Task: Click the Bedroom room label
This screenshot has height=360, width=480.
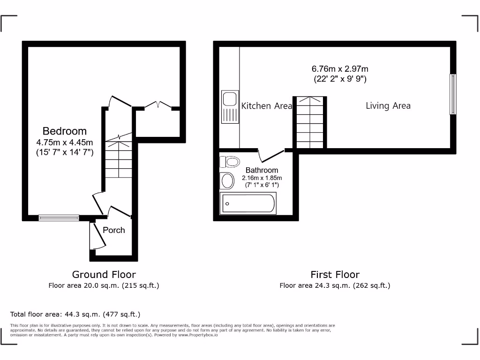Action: (x=65, y=131)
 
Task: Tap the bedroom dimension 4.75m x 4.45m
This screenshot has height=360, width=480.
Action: (x=65, y=142)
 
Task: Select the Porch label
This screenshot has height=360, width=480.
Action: (x=114, y=230)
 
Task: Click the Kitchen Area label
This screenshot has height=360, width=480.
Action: (x=266, y=106)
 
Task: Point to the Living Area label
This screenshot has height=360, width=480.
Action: (x=388, y=106)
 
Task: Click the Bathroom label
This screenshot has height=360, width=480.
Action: (x=262, y=170)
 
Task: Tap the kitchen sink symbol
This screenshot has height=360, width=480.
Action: (x=230, y=107)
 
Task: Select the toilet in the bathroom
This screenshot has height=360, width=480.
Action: (x=229, y=162)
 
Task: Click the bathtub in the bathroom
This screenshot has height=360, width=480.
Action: (x=248, y=203)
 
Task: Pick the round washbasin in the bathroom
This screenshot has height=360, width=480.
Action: (x=227, y=181)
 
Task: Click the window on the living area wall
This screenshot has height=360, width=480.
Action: (x=452, y=94)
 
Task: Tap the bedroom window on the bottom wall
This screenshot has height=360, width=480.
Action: (x=59, y=217)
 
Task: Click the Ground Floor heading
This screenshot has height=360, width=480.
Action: (x=104, y=275)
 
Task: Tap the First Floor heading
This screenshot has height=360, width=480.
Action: (x=335, y=275)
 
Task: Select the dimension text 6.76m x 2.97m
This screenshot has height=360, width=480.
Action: (x=340, y=69)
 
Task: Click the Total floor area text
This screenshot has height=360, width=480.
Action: (x=75, y=315)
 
